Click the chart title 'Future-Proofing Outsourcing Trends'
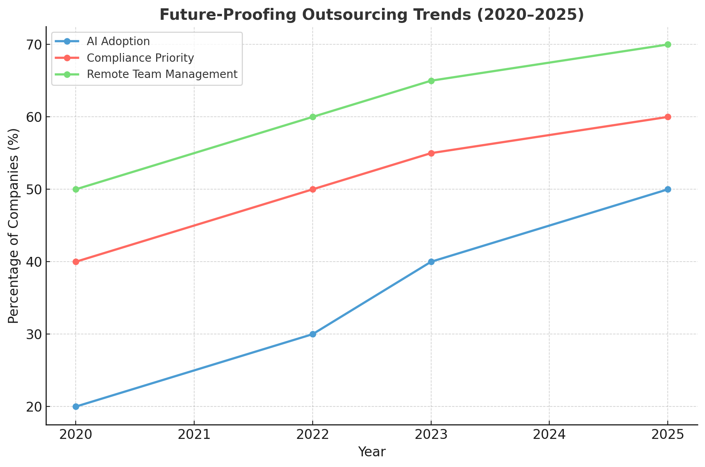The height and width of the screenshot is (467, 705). pos(371,15)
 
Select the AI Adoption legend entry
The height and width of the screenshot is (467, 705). pos(118,42)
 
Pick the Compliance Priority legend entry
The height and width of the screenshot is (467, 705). pos(140,58)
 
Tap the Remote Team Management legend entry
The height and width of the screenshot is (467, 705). pos(162,74)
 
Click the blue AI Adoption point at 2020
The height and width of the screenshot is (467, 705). pos(76,406)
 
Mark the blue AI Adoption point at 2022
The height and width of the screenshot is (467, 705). pos(313,334)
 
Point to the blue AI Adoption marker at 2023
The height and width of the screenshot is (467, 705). pos(431,262)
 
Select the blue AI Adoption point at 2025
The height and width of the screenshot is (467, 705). pos(668,189)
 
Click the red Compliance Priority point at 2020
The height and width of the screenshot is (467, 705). pos(76,262)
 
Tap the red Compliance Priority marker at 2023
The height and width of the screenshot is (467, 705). pos(431,153)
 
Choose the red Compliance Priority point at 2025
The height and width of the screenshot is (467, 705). pos(668,117)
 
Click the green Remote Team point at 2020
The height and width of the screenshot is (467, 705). pos(76,189)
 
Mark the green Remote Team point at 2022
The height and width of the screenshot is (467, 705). pos(313,117)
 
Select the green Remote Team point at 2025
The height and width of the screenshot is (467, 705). pos(668,44)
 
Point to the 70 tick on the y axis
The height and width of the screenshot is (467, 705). pos(34,45)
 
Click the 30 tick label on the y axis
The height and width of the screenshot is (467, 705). pos(34,334)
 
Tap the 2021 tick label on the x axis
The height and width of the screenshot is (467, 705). pos(194,435)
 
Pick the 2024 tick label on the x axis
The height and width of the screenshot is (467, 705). pos(549,435)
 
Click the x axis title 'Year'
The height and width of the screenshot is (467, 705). pos(371,452)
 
